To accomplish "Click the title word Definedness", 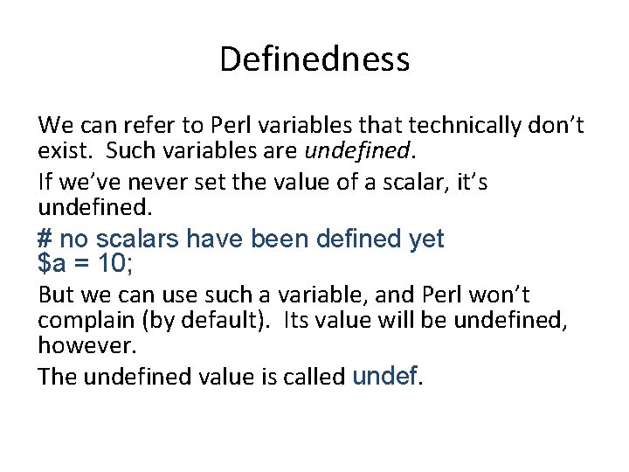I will tap(314, 59).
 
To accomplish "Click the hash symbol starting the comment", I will tap(45, 238).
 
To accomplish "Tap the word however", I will tap(86, 345).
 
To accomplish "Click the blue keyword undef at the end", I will tap(384, 375).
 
